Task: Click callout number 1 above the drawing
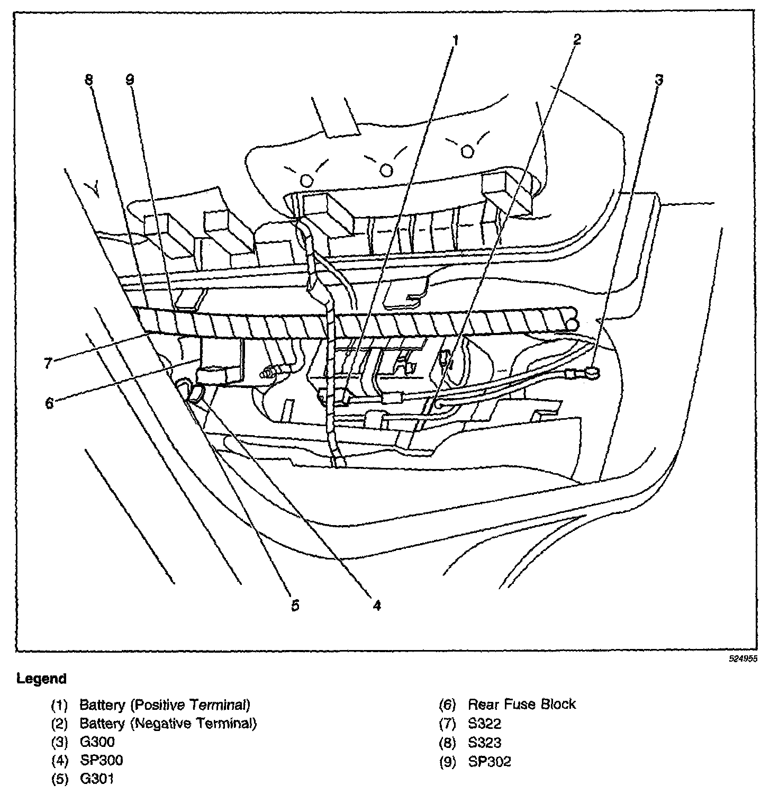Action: [x=456, y=41]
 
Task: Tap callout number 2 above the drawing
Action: [x=577, y=39]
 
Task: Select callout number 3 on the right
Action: [x=658, y=80]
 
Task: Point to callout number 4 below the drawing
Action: [x=376, y=605]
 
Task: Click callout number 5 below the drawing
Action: [x=295, y=605]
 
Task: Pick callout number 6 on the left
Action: [x=49, y=403]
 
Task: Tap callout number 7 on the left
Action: [x=48, y=363]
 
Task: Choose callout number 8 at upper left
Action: [x=88, y=80]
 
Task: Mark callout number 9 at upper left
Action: [x=130, y=80]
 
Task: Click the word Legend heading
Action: [x=42, y=679]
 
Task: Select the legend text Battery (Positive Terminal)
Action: [x=165, y=705]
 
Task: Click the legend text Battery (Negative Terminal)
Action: [x=168, y=724]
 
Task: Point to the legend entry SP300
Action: [x=101, y=761]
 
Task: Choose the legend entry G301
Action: [x=96, y=779]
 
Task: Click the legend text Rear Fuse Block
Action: [x=522, y=705]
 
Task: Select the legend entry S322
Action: [x=485, y=724]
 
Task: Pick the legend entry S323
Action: [x=485, y=743]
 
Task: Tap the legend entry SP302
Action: [x=490, y=761]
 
